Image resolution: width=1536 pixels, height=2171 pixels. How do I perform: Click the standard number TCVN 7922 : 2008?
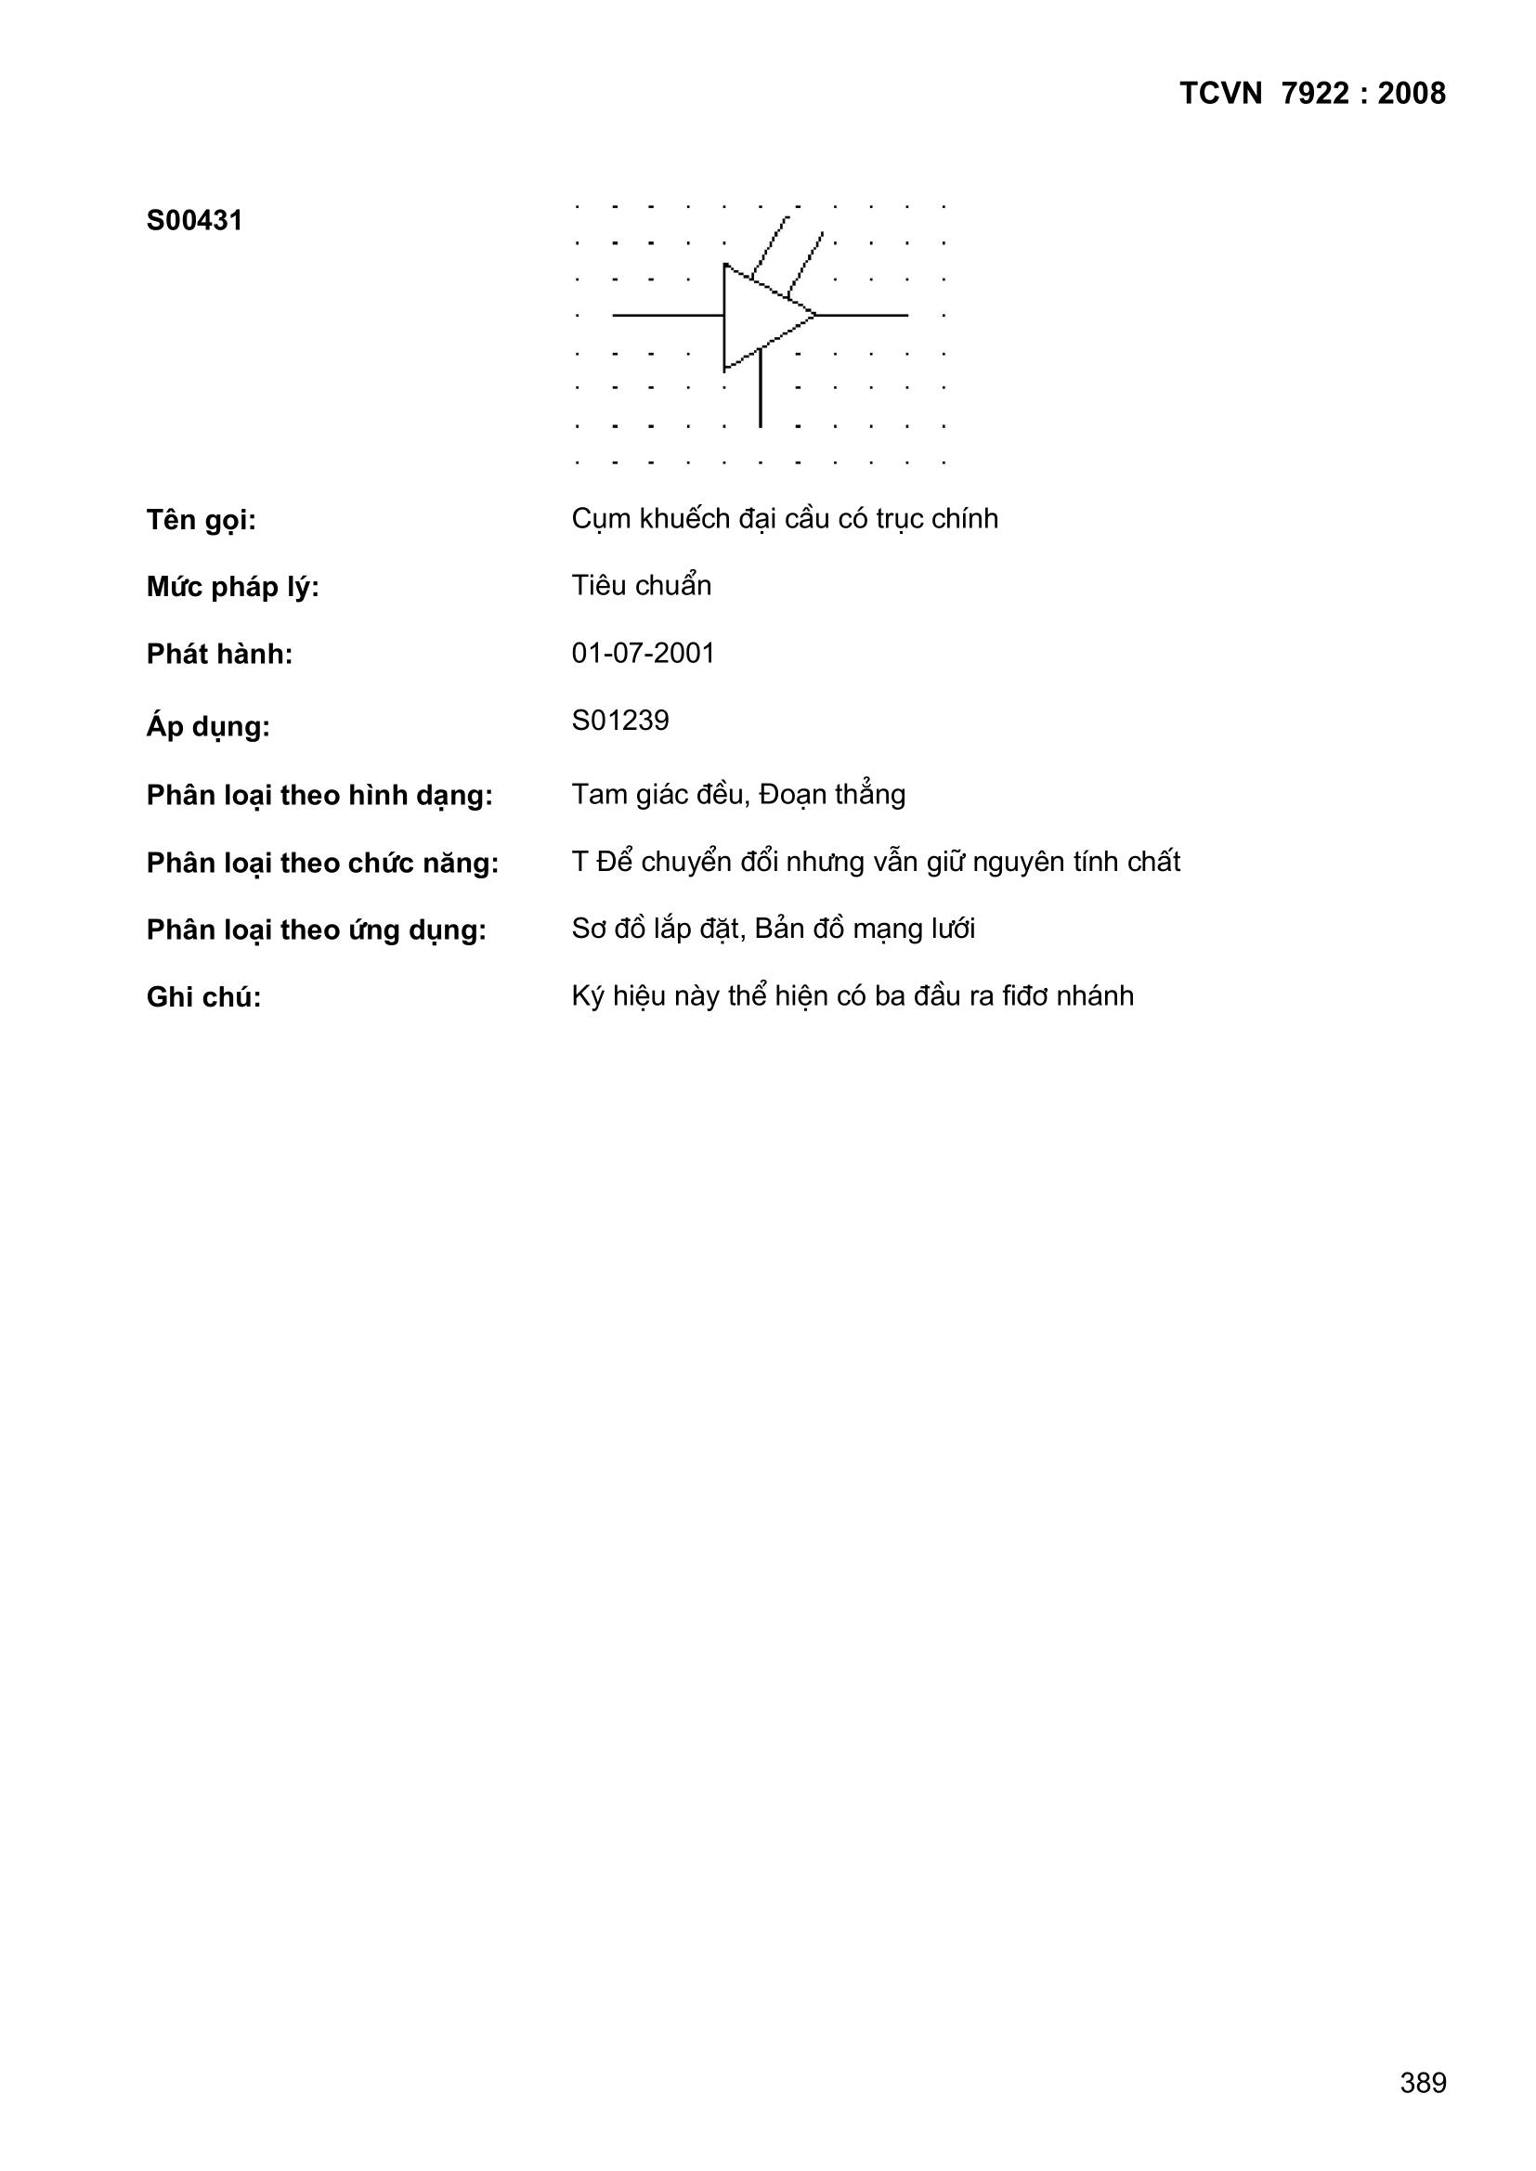pyautogui.click(x=1312, y=94)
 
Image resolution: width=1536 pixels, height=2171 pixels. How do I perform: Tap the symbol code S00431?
pyautogui.click(x=194, y=221)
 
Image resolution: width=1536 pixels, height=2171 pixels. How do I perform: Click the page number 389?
pyautogui.click(x=1423, y=2082)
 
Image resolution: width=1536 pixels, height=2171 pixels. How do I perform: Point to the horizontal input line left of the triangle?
pyautogui.click(x=668, y=315)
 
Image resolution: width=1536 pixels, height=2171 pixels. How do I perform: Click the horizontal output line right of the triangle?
pyautogui.click(x=863, y=315)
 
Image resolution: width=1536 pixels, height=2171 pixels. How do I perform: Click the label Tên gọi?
pyautogui.click(x=201, y=520)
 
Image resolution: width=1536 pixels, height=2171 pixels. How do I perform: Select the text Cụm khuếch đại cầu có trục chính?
pyautogui.click(x=784, y=519)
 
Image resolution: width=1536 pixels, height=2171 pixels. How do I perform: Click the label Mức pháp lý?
pyautogui.click(x=233, y=587)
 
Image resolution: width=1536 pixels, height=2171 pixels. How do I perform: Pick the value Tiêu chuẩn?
pyautogui.click(x=641, y=586)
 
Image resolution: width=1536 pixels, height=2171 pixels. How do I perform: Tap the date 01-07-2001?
pyautogui.click(x=644, y=654)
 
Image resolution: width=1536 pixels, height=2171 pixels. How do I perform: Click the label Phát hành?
pyautogui.click(x=219, y=655)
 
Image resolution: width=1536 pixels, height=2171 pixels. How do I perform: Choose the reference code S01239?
pyautogui.click(x=619, y=721)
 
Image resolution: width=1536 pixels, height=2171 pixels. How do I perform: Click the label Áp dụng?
pyautogui.click(x=208, y=726)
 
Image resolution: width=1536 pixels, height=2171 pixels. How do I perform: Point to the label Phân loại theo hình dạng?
pyautogui.click(x=319, y=796)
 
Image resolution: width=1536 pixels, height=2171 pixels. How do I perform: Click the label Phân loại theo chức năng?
pyautogui.click(x=321, y=864)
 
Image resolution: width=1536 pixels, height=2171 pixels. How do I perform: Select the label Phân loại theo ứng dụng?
pyautogui.click(x=316, y=930)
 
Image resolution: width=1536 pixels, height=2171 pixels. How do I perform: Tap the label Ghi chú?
pyautogui.click(x=203, y=997)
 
